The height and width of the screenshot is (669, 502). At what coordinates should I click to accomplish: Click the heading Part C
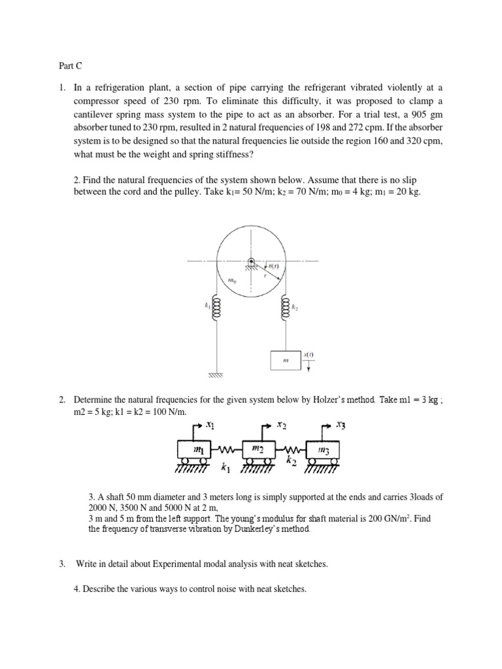coord(64,66)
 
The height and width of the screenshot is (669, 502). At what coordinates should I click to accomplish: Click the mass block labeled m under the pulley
coord(285,360)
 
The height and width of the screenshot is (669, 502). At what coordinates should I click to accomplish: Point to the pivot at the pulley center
coord(250,262)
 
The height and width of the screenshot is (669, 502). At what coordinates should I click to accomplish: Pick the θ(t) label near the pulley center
coord(273,266)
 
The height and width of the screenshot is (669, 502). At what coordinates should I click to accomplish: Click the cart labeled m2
coord(258,450)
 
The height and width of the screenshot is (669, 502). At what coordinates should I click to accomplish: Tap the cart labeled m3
coord(324,450)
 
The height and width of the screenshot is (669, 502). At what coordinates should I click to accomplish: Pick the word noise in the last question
coord(209,589)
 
